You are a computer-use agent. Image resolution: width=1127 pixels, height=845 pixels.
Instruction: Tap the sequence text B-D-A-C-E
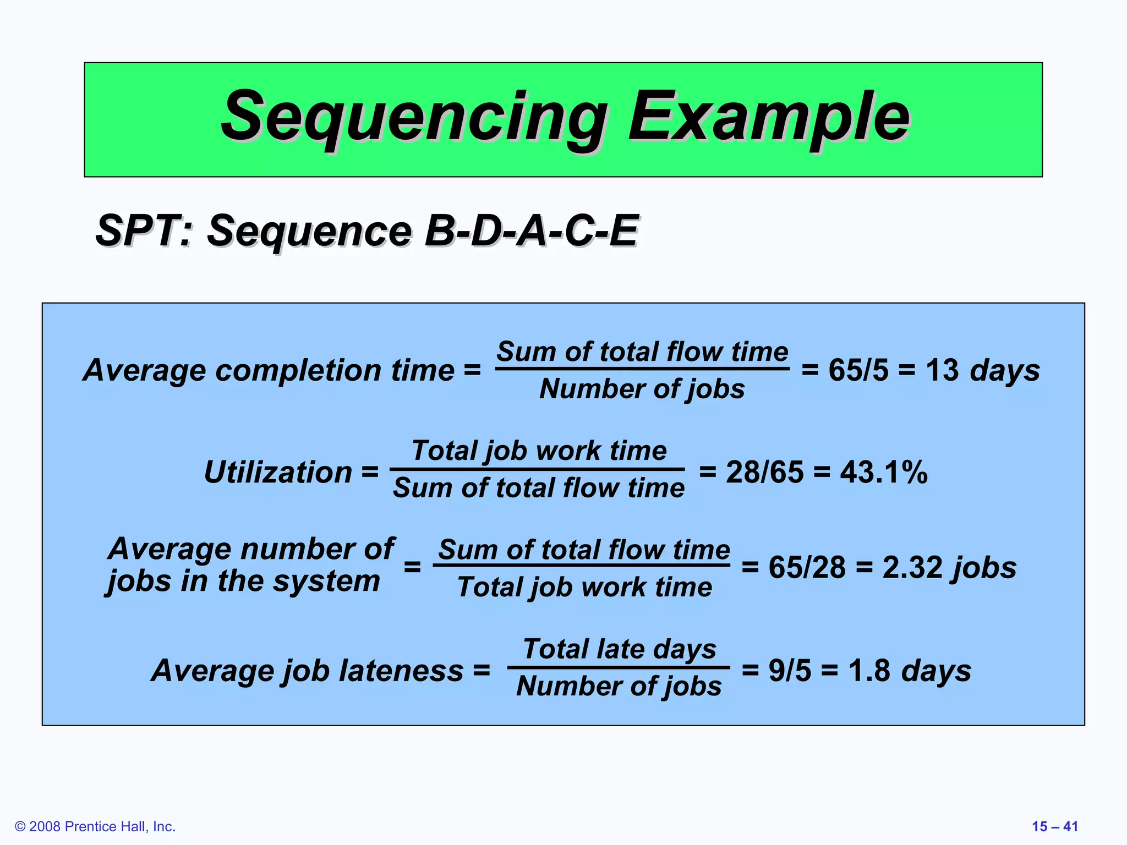pos(531,231)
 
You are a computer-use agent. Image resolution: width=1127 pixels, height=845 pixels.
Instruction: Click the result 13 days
pos(982,370)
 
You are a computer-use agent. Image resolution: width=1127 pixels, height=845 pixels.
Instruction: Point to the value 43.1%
pos(884,472)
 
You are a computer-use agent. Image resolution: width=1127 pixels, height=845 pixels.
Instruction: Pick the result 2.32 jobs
pos(949,567)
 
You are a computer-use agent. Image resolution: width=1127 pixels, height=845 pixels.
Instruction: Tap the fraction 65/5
pos(858,370)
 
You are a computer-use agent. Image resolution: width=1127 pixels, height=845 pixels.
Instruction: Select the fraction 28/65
pos(764,472)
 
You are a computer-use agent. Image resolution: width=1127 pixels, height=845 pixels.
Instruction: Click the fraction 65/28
pos(807,567)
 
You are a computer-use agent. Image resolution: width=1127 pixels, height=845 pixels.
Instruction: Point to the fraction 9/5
pos(790,671)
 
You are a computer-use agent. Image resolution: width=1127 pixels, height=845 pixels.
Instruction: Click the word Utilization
pos(278,472)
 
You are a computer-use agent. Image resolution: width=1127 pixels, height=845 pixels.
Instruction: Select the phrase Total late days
pos(619,649)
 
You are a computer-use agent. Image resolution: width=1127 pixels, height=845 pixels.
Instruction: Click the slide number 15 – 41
pos(1054,826)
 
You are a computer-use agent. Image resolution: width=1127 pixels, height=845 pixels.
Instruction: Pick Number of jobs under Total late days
pos(619,687)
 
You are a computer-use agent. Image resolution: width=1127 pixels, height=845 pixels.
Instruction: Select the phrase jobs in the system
pos(244,581)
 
